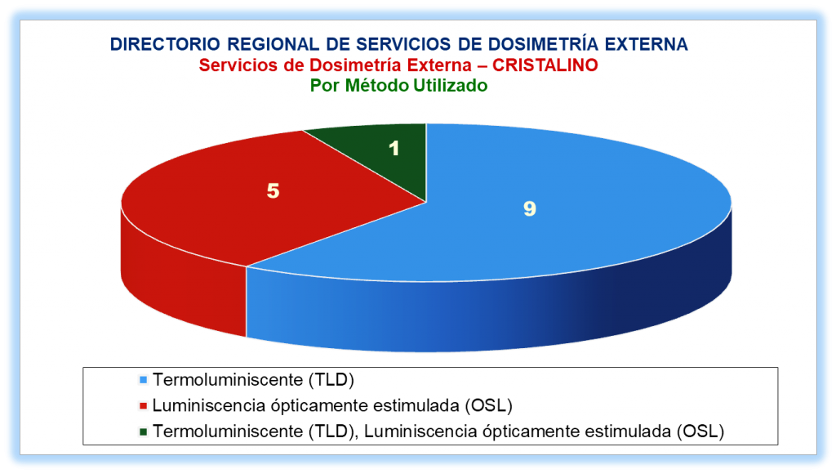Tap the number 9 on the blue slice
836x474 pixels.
coord(529,208)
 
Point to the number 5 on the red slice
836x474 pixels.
coord(273,190)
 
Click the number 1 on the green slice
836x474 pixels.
coord(394,148)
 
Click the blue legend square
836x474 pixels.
coord(143,380)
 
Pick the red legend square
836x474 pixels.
coord(143,406)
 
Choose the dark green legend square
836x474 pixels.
coord(143,432)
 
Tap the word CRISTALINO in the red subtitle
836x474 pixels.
coord(545,65)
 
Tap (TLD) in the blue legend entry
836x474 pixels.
coord(331,380)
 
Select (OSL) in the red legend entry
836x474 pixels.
coord(488,405)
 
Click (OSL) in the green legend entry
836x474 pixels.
coord(700,432)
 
